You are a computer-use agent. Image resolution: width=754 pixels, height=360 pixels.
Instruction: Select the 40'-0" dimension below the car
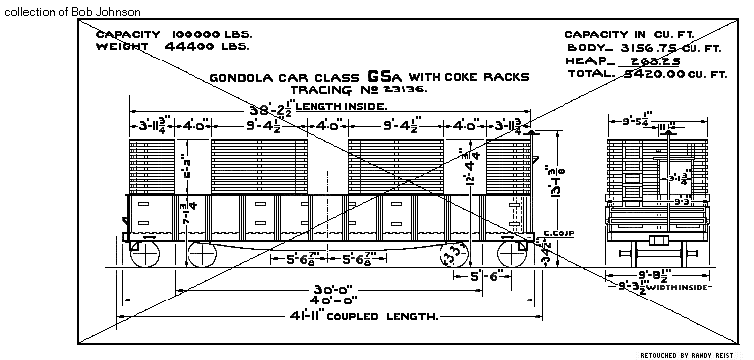pyautogui.click(x=321, y=301)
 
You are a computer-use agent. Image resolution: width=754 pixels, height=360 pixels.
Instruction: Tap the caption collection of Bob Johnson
pyautogui.click(x=70, y=11)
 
